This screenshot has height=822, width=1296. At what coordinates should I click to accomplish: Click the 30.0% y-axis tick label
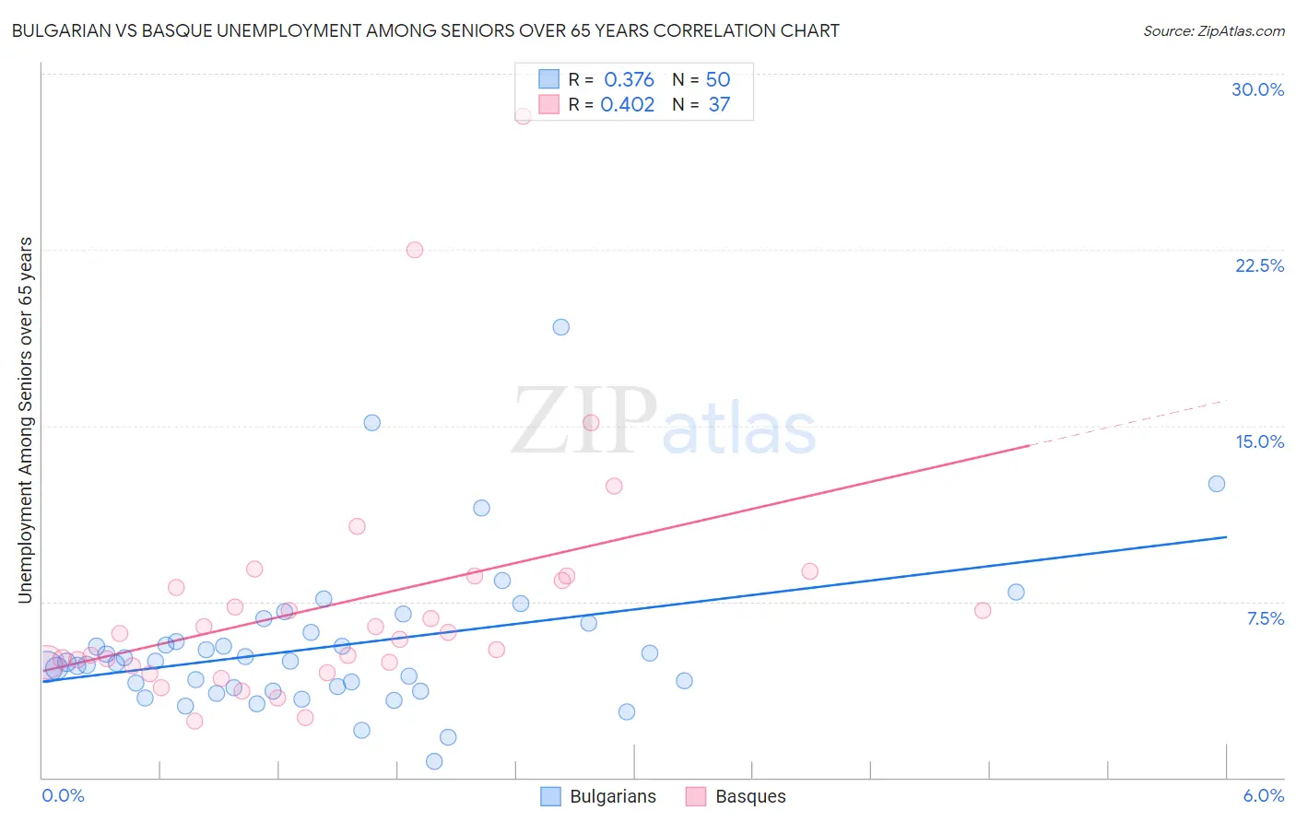click(x=1257, y=89)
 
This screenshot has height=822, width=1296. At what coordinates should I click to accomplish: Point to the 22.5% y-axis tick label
click(x=1259, y=265)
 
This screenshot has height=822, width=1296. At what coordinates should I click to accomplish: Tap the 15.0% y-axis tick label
click(x=1259, y=441)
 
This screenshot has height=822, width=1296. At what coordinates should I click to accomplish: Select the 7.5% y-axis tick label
click(x=1265, y=618)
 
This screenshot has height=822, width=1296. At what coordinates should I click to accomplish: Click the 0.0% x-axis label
click(x=63, y=795)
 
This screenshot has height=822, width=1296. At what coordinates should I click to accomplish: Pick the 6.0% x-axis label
click(x=1263, y=795)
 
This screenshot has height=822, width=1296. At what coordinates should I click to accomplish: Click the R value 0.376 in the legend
click(x=629, y=80)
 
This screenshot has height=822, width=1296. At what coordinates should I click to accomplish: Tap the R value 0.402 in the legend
click(x=627, y=105)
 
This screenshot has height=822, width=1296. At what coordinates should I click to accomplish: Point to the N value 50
click(x=717, y=80)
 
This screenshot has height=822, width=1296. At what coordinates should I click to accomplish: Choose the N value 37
click(x=719, y=105)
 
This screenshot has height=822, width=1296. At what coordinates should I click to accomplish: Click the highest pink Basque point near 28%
click(x=523, y=116)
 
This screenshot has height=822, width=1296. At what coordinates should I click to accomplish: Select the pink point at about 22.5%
click(x=415, y=250)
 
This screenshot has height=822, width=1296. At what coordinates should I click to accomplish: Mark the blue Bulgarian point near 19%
click(x=560, y=327)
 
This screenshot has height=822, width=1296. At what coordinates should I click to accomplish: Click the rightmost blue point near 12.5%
click(x=1217, y=484)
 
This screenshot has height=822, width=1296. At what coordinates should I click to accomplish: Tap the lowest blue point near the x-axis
click(x=434, y=761)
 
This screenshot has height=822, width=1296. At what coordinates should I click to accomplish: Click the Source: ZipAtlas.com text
click(x=1213, y=31)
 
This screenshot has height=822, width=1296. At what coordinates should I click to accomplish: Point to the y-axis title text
click(x=25, y=420)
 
